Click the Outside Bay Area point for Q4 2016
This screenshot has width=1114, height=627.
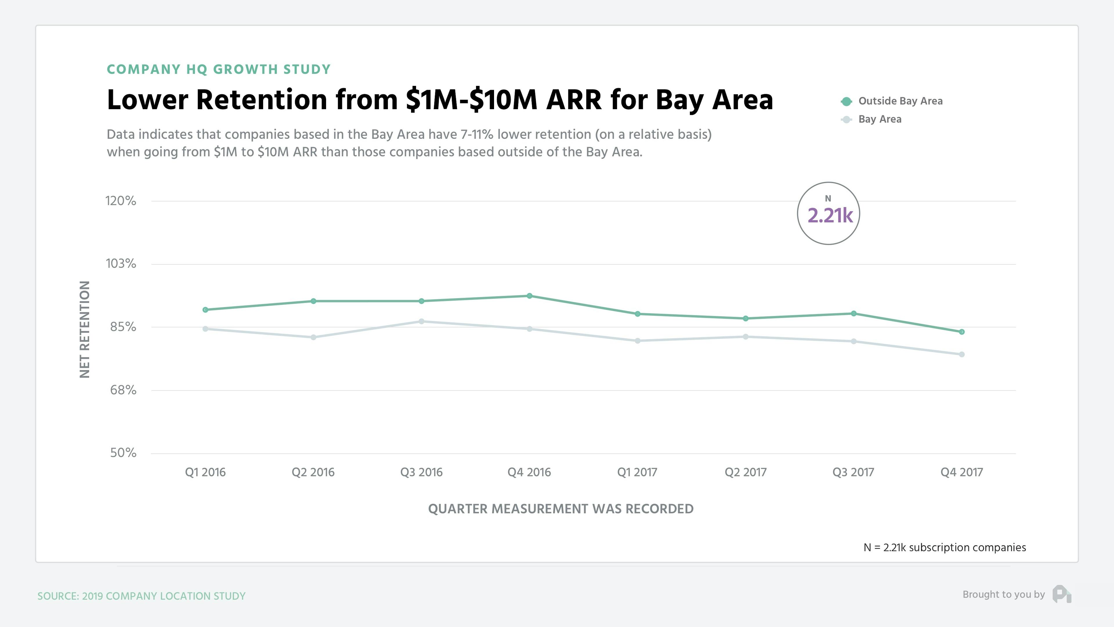pyautogui.click(x=529, y=296)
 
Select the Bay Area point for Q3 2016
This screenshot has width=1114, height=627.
pyautogui.click(x=422, y=322)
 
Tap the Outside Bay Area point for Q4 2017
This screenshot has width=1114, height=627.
pyautogui.click(x=962, y=332)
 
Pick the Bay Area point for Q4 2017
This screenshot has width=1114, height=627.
pyautogui.click(x=962, y=354)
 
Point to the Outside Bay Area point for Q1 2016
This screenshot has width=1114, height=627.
pyautogui.click(x=205, y=310)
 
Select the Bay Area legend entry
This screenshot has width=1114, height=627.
pyautogui.click(x=880, y=119)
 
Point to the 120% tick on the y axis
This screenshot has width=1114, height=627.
pyautogui.click(x=121, y=201)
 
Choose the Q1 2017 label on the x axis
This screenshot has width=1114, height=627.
pyautogui.click(x=637, y=472)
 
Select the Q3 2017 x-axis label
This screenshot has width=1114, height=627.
pyautogui.click(x=853, y=472)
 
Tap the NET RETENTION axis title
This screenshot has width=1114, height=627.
pyautogui.click(x=85, y=329)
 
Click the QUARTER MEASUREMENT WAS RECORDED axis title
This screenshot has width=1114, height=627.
pyautogui.click(x=560, y=509)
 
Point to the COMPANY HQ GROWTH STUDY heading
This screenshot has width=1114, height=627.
pyautogui.click(x=218, y=70)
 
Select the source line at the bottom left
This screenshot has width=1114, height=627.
pyautogui.click(x=141, y=596)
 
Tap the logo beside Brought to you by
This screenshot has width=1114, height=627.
pyautogui.click(x=1062, y=594)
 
